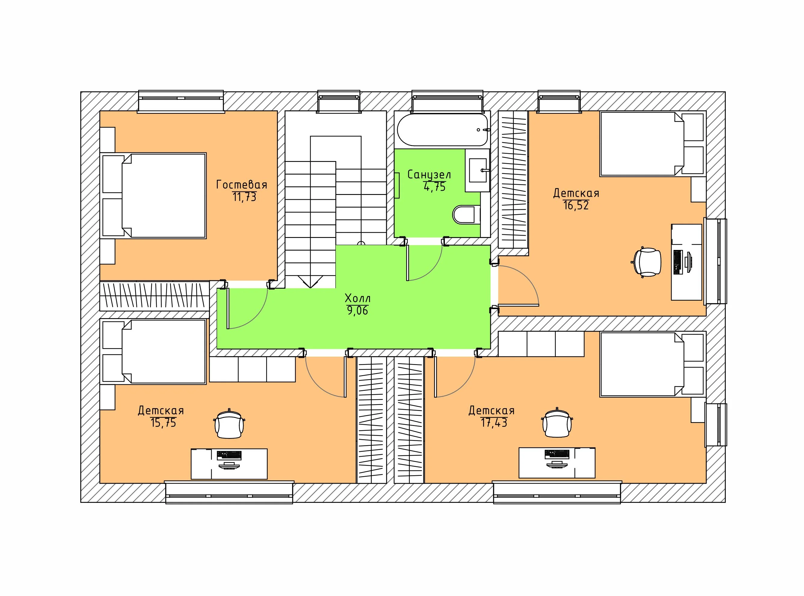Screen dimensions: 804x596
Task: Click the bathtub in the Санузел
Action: pyautogui.click(x=443, y=130)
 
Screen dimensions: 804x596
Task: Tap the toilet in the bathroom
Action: pyautogui.click(x=466, y=215)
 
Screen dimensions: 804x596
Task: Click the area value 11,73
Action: pyautogui.click(x=245, y=197)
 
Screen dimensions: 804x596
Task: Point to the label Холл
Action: pyautogui.click(x=358, y=298)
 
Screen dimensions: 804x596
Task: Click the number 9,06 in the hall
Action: pyautogui.click(x=358, y=310)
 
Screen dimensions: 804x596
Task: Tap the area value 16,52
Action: pyautogui.click(x=576, y=205)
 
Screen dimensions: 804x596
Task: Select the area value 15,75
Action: pyautogui.click(x=163, y=422)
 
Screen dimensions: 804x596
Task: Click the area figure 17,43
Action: pyautogui.click(x=494, y=422)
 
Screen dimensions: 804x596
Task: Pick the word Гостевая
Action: pyautogui.click(x=242, y=185)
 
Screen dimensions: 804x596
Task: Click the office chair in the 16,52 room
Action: pyautogui.click(x=647, y=262)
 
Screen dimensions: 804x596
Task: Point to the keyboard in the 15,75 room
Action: pyautogui.click(x=229, y=455)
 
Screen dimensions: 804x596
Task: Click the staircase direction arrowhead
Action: pyautogui.click(x=310, y=282)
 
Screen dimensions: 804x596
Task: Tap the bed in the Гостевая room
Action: pyautogui.click(x=153, y=196)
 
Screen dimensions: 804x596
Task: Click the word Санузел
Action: pyautogui.click(x=429, y=175)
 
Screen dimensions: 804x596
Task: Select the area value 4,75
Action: pyautogui.click(x=435, y=187)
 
